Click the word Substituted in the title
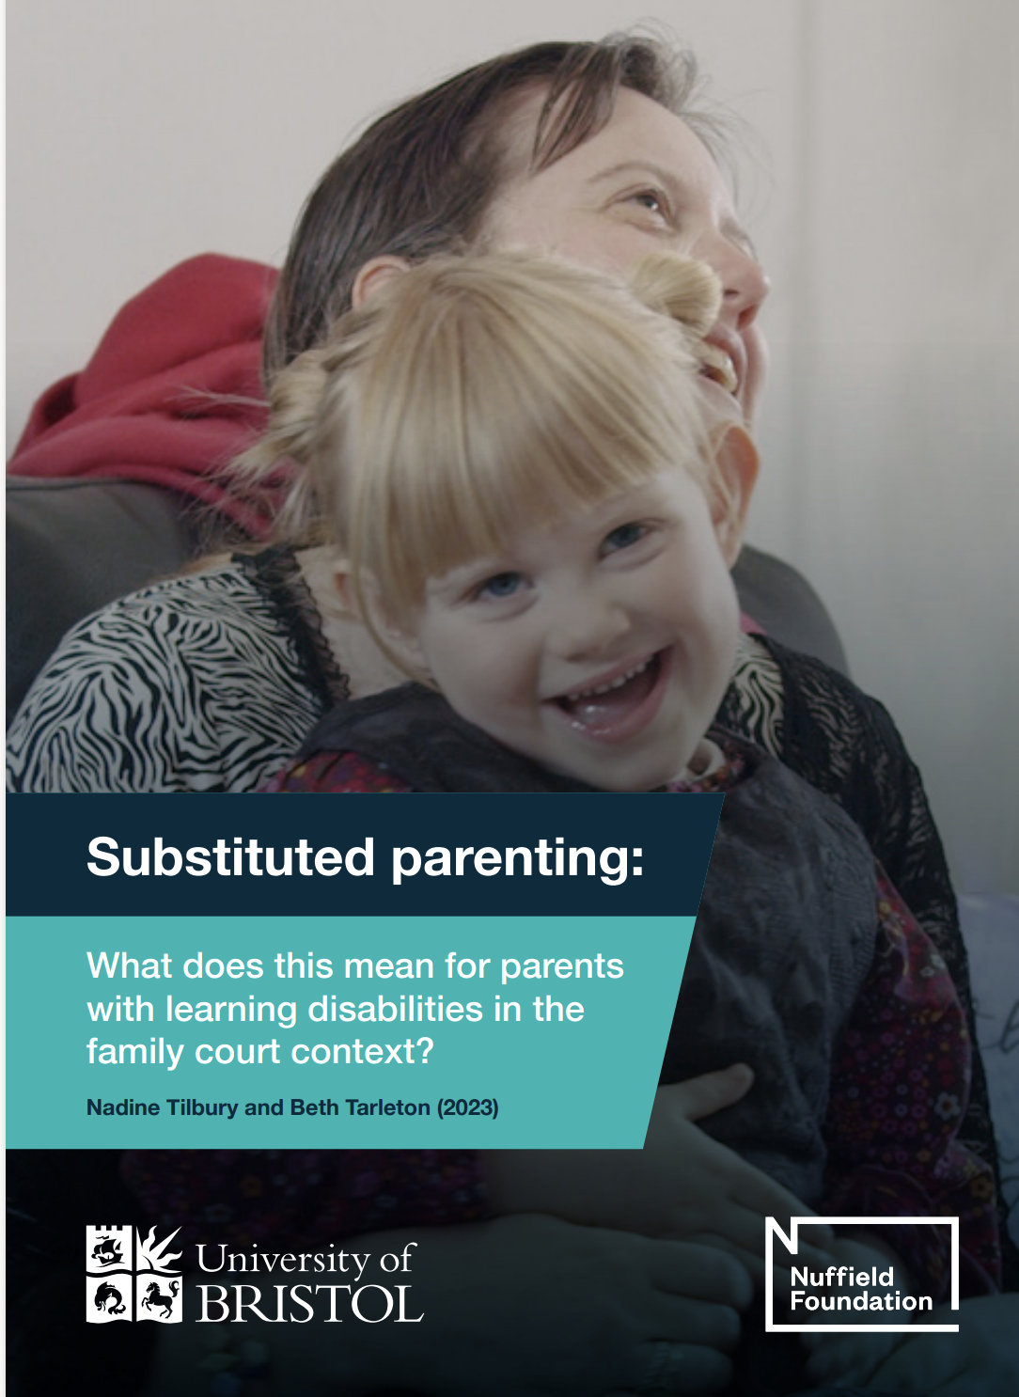coord(230,857)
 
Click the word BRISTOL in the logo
coord(310,1303)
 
